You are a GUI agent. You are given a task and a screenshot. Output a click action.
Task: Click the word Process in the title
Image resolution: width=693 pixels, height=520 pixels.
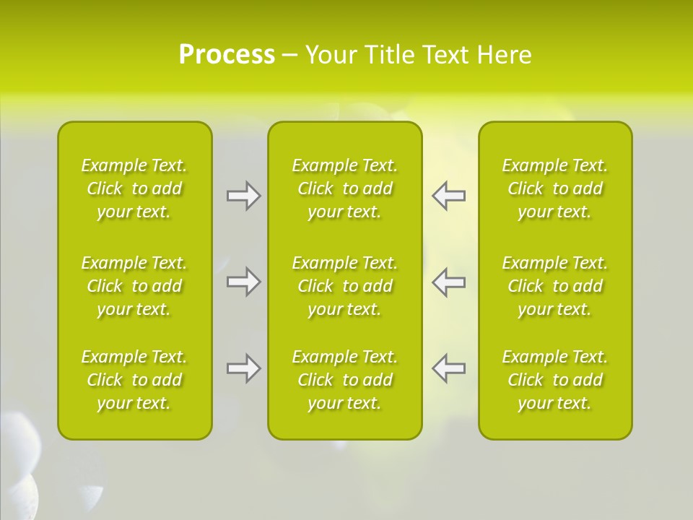[227, 55]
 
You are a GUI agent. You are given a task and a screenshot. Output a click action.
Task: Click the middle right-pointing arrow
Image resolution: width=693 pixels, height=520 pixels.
[243, 282]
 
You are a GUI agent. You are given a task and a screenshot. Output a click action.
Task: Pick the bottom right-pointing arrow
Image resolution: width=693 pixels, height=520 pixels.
[243, 368]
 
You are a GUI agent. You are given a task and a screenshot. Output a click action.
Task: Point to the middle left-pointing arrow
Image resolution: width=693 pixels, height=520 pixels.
[449, 282]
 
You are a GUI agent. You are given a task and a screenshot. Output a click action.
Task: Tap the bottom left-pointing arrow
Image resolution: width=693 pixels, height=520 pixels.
[449, 368]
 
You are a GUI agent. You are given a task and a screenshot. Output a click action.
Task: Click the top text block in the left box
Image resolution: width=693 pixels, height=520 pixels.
[134, 188]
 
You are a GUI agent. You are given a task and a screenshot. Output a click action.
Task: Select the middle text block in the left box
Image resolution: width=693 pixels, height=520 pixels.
[134, 286]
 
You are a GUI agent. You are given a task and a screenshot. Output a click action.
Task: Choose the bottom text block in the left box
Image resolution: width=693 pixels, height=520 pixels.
[134, 380]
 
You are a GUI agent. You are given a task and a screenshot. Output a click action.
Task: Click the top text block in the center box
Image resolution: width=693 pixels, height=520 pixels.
[345, 188]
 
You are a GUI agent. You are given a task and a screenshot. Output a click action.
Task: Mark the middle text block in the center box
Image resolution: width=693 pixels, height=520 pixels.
[345, 286]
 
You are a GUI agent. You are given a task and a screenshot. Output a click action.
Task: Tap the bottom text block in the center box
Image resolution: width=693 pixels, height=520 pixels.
[345, 380]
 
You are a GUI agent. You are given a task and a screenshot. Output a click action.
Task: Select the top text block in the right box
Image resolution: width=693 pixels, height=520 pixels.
[555, 188]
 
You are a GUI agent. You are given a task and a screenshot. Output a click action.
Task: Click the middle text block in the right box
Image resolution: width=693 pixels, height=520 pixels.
[555, 286]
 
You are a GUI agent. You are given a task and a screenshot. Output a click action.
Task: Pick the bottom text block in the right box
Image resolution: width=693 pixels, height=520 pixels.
[555, 380]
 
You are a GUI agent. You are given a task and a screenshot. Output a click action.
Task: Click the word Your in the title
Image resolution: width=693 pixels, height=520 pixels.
[331, 55]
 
